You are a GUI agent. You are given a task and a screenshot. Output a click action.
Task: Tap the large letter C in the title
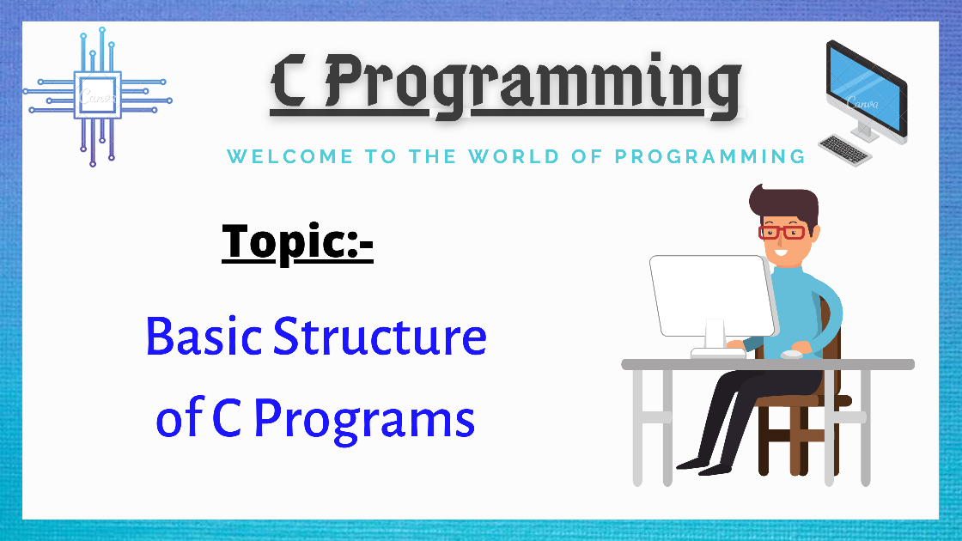289,81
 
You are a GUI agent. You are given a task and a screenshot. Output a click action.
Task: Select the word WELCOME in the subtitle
290,156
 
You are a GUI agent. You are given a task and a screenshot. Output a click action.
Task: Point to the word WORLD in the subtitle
514,156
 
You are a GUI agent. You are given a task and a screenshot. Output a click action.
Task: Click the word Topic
285,241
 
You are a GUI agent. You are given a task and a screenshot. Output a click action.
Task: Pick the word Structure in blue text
380,337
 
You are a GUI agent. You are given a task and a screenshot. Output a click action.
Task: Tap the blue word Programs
364,420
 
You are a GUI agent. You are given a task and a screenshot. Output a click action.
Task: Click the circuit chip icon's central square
98,95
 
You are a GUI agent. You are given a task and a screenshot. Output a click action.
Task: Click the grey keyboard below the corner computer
845,150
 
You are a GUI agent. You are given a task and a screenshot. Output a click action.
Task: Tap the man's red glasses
782,233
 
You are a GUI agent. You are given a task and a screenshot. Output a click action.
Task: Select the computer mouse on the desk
791,354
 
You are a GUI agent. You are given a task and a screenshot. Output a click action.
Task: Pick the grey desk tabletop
768,364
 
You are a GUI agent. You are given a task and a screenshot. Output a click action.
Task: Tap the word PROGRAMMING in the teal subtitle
709,156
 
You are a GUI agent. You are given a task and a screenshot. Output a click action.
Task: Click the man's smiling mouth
781,252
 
